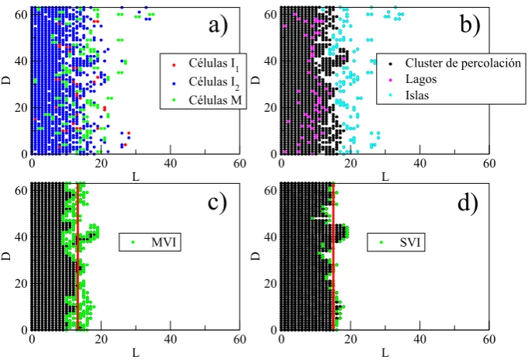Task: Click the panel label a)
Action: [x=218, y=26]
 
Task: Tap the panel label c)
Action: [x=217, y=202]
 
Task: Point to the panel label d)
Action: [x=468, y=202]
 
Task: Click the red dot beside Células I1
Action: [x=174, y=64]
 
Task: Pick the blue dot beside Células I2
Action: [x=174, y=82]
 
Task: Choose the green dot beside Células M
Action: [x=174, y=100]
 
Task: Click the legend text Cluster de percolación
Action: [x=463, y=63]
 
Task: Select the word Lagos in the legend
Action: [x=421, y=79]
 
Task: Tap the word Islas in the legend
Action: [x=417, y=95]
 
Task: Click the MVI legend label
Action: [x=164, y=242]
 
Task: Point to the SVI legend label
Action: [x=410, y=242]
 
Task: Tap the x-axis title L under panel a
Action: [x=136, y=177]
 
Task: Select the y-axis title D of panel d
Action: [x=257, y=255]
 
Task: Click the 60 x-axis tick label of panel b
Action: [x=489, y=164]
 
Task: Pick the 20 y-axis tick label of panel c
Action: [x=21, y=283]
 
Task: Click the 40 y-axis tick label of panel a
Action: [x=21, y=61]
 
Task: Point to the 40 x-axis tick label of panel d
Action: [x=420, y=339]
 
